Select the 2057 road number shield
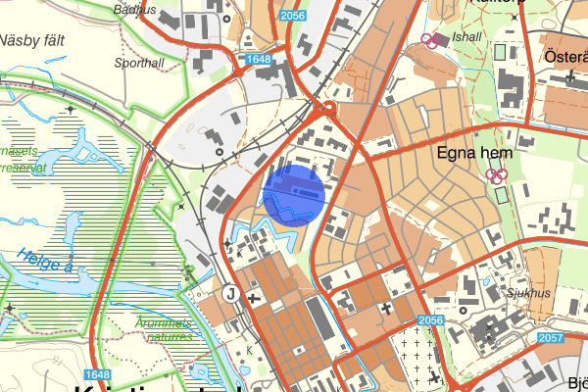pyautogui.click(x=551, y=337)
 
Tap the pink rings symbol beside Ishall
pyautogui.click(x=430, y=40)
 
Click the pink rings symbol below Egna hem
pyautogui.click(x=498, y=174)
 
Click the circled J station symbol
pyautogui.click(x=231, y=292)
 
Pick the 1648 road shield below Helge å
pyautogui.click(x=96, y=375)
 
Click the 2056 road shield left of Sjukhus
pyautogui.click(x=430, y=320)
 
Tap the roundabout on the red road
pyautogui.click(x=330, y=109)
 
